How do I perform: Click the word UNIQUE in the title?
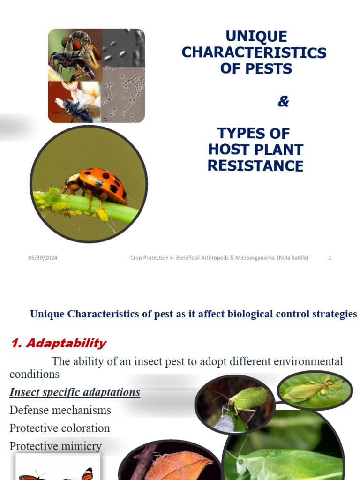pos(256,36)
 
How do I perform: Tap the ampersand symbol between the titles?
pos(283,101)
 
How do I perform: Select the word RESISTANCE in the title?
pos(255,165)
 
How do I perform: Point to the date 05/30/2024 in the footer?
pos(43,258)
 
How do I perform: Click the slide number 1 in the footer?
pos(330,258)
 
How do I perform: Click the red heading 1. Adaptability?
pos(59,343)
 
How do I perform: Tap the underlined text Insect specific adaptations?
pos(75,392)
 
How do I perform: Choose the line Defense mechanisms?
pos(60,410)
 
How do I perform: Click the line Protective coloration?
pos(60,428)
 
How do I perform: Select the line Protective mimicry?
pos(55,446)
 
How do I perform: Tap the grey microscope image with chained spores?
pos(124,96)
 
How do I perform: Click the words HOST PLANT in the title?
pos(255,150)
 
